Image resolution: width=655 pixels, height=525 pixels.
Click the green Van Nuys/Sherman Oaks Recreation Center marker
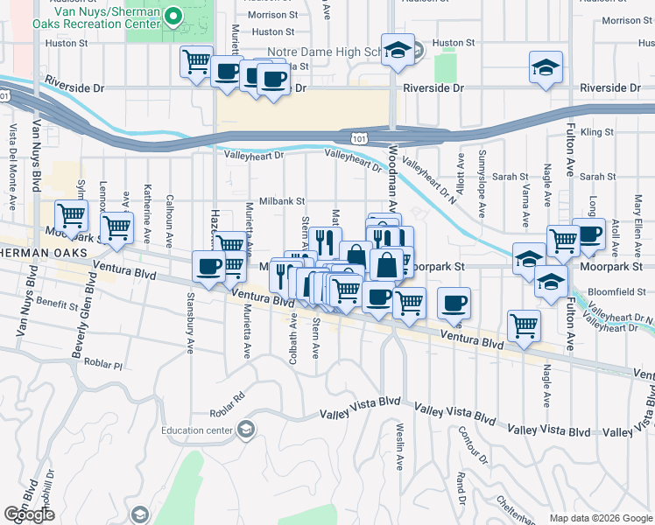(x=173, y=15)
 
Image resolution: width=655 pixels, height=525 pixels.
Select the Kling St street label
(x=598, y=132)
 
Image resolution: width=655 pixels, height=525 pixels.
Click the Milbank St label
(x=279, y=200)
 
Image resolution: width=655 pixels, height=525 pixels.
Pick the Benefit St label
(x=58, y=304)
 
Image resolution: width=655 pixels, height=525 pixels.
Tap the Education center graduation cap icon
(x=247, y=429)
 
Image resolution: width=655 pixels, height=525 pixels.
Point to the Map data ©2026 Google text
(x=600, y=518)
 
